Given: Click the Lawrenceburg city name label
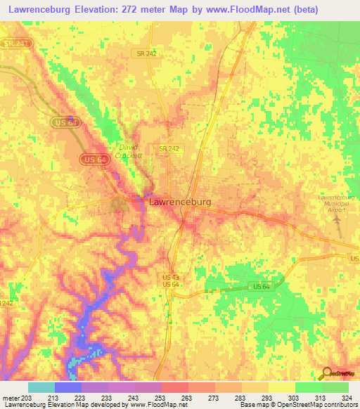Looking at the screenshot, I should pos(180,202).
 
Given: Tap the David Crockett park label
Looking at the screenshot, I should pos(130,151).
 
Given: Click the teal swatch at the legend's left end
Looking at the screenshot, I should pos(41,387).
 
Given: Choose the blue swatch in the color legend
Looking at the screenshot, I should pos(68,387).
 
